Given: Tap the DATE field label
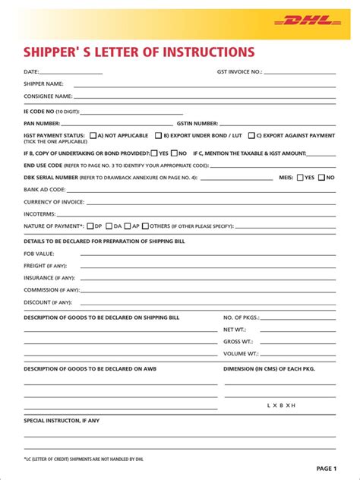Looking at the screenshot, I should [x=31, y=72].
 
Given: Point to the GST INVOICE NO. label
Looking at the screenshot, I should [x=239, y=72].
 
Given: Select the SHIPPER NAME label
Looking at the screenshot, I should [x=43, y=84].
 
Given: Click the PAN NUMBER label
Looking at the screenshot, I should [x=42, y=123].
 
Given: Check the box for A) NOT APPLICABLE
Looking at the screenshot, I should [x=93, y=136].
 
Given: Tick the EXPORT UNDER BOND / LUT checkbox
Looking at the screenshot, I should [x=158, y=136].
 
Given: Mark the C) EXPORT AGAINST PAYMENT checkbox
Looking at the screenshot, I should [x=251, y=136].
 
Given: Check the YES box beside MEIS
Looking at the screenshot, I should [x=299, y=178].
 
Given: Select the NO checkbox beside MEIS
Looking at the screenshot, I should [x=321, y=178].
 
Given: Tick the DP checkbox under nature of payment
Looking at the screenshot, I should [x=90, y=226].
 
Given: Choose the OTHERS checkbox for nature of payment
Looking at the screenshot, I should [x=145, y=226].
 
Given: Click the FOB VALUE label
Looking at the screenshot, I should [x=39, y=253].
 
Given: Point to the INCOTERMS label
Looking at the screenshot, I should [x=39, y=214].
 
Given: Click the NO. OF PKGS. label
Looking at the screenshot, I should [x=242, y=317].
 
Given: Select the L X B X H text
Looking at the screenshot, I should [x=281, y=406].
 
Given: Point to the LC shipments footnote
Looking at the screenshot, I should [x=84, y=459].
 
